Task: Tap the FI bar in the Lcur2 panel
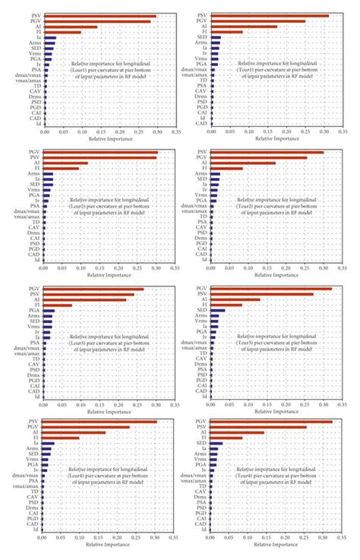point(61,168)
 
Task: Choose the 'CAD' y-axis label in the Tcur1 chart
point(201,123)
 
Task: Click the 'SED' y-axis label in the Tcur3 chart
point(201,311)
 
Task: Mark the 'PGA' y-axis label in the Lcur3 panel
point(35,311)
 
